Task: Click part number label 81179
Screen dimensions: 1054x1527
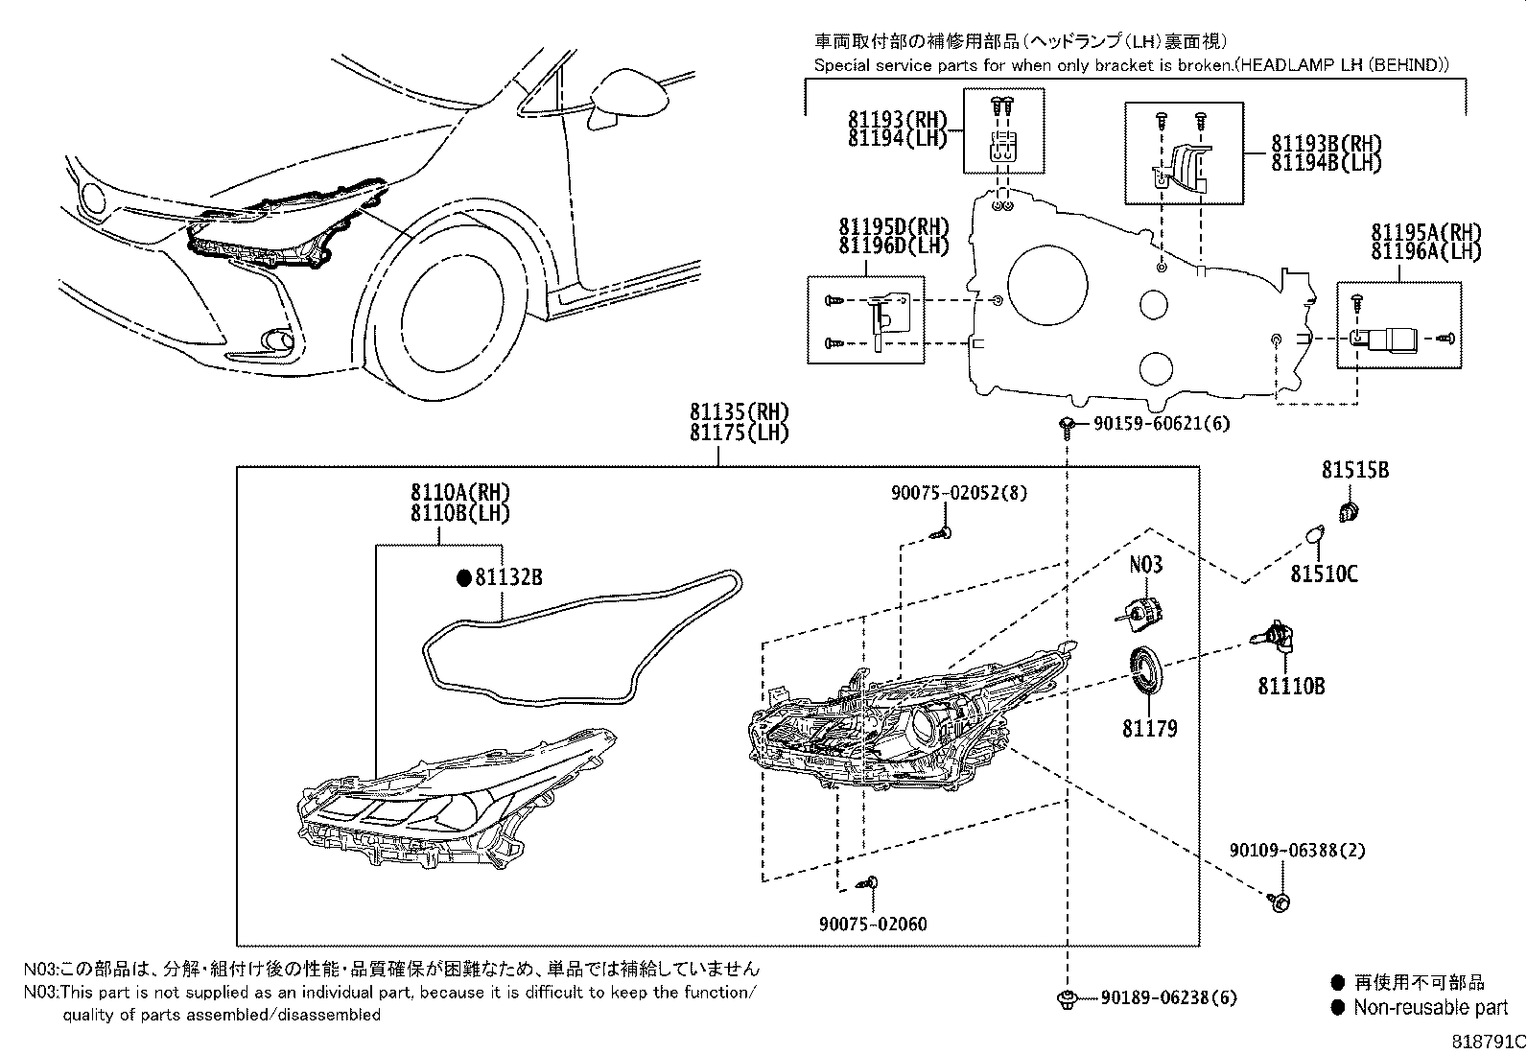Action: tap(1149, 729)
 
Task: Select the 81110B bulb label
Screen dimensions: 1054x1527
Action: tap(1291, 687)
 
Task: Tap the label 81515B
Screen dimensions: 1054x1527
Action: tap(1354, 471)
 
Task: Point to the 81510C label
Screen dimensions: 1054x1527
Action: tap(1324, 574)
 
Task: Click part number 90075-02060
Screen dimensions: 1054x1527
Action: tap(873, 925)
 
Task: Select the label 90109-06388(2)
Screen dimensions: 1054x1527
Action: tap(1297, 851)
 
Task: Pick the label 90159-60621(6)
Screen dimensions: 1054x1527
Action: tap(1161, 424)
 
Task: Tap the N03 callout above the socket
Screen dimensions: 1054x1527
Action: tap(1145, 564)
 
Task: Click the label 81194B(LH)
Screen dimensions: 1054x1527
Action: tap(1327, 163)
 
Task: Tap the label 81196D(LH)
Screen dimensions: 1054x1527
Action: tap(893, 246)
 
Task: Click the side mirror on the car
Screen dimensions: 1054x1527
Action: tap(628, 96)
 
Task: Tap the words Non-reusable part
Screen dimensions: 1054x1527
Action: tap(1430, 1008)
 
